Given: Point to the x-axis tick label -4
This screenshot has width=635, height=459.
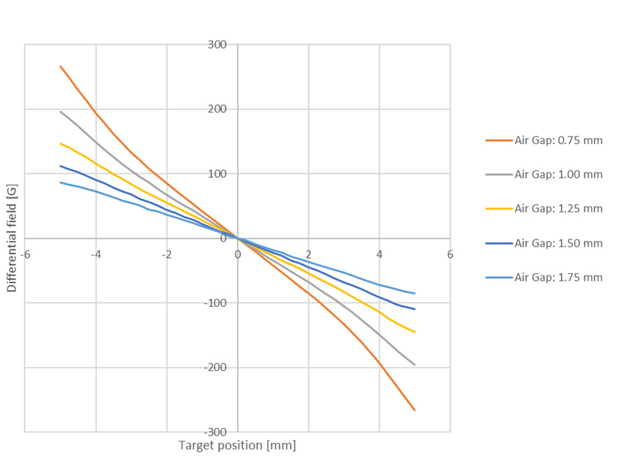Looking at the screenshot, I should click(x=95, y=254).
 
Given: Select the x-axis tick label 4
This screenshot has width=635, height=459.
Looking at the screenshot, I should click(x=380, y=254).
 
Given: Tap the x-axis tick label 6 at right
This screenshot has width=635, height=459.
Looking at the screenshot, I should click(x=450, y=254).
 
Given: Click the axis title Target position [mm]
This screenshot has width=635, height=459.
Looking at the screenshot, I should click(x=237, y=446).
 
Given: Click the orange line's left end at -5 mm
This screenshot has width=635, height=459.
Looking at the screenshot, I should click(x=60, y=66).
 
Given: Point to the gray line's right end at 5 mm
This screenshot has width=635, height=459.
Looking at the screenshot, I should click(x=415, y=365).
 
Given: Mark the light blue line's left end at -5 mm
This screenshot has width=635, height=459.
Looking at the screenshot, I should click(x=60, y=182).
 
